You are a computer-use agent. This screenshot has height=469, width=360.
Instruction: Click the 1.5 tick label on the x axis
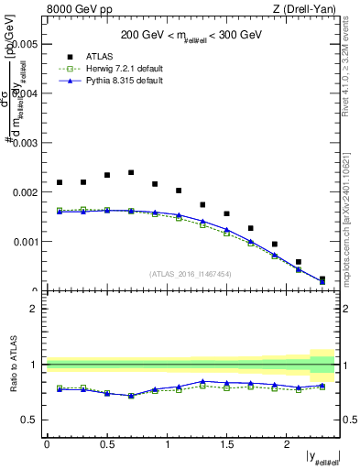(x=228, y=443)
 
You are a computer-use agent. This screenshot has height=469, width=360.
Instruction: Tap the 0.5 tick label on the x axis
(x=107, y=443)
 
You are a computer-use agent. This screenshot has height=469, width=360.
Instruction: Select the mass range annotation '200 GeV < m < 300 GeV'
(x=192, y=36)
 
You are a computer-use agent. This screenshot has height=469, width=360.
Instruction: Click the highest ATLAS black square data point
(x=131, y=172)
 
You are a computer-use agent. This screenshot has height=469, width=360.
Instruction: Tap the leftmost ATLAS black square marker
(x=60, y=182)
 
